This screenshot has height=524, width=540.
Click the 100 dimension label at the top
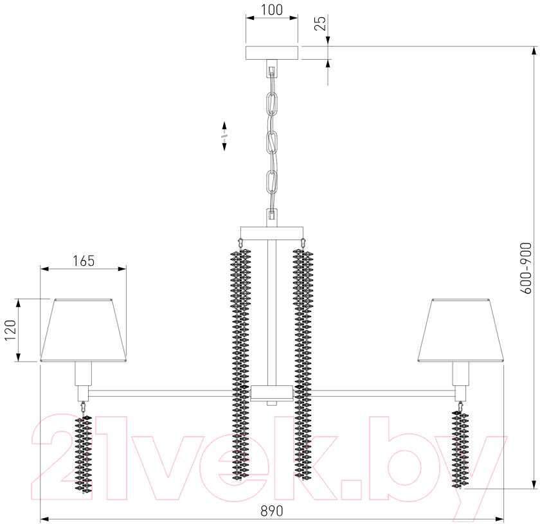click(272, 10)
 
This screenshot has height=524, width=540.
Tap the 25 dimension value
click(320, 23)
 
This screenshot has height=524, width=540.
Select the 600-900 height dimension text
click(526, 268)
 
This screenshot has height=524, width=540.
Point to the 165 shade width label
click(84, 261)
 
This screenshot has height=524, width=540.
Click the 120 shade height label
click(10, 330)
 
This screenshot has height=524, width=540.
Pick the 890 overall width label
click(272, 511)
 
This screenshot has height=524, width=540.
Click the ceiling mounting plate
click(272, 53)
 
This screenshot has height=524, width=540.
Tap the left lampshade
click(84, 330)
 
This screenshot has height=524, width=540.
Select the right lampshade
click(461, 330)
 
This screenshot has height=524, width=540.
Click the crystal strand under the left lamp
click(84, 453)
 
